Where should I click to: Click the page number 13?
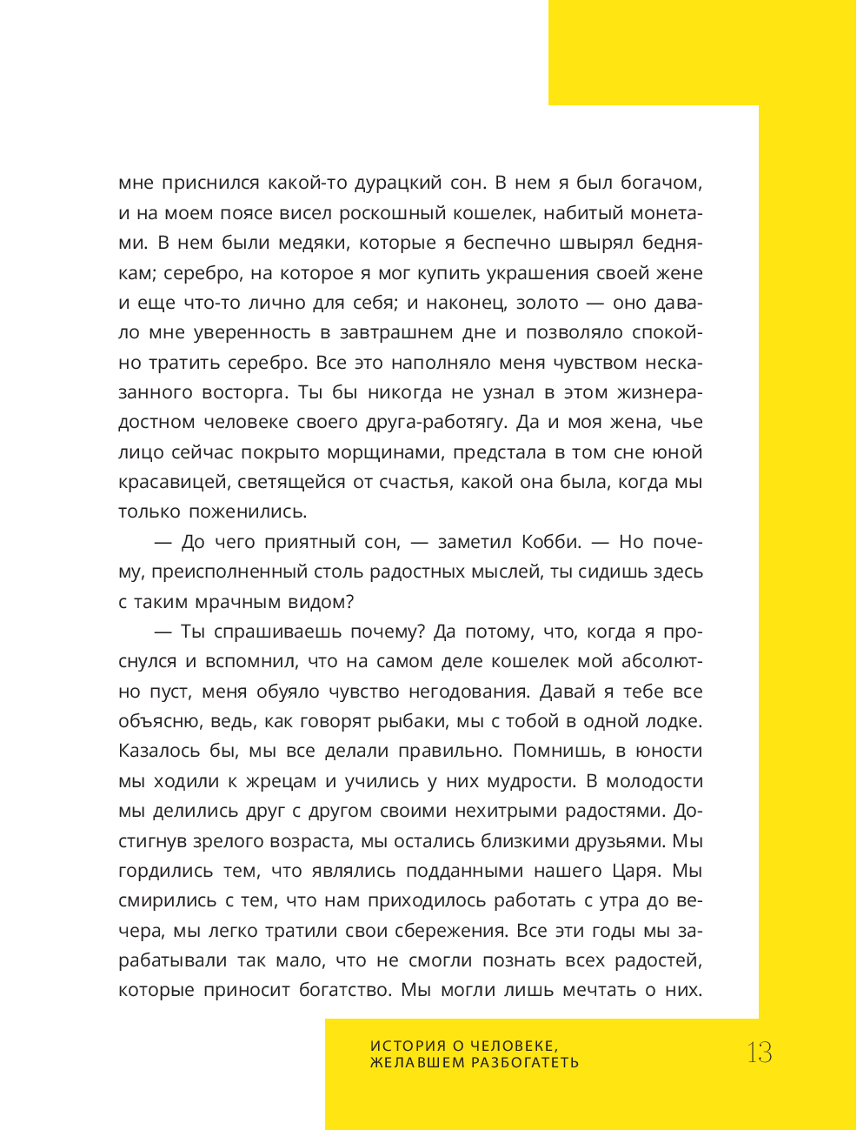[x=759, y=1053]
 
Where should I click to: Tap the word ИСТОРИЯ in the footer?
[x=408, y=1046]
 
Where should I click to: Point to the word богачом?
[x=661, y=183]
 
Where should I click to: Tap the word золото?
[x=548, y=303]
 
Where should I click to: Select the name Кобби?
[x=550, y=542]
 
